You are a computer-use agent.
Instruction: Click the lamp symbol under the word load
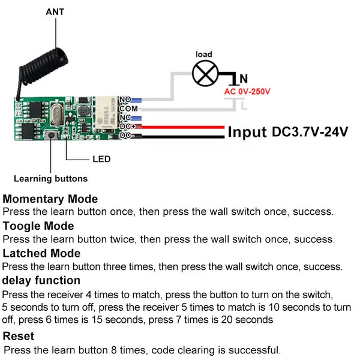click(x=203, y=74)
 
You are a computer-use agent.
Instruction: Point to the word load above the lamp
click(x=204, y=55)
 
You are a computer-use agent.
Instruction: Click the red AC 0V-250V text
click(x=247, y=92)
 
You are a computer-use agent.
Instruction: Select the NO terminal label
click(x=126, y=99)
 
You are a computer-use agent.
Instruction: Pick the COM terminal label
click(x=129, y=109)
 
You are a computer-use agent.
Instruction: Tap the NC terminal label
click(x=126, y=118)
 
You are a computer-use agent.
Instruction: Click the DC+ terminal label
click(x=127, y=127)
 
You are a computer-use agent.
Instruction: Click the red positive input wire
click(x=180, y=127)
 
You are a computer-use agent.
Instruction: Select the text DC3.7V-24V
click(x=310, y=131)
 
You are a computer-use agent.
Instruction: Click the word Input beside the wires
click(x=247, y=132)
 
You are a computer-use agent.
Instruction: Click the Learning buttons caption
click(x=50, y=178)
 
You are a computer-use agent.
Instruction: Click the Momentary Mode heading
click(x=50, y=199)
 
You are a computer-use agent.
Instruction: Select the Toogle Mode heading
click(x=38, y=226)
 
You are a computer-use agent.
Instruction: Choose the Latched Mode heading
click(x=41, y=253)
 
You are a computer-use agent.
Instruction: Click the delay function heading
click(x=41, y=280)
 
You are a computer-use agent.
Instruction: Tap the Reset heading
click(x=19, y=336)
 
